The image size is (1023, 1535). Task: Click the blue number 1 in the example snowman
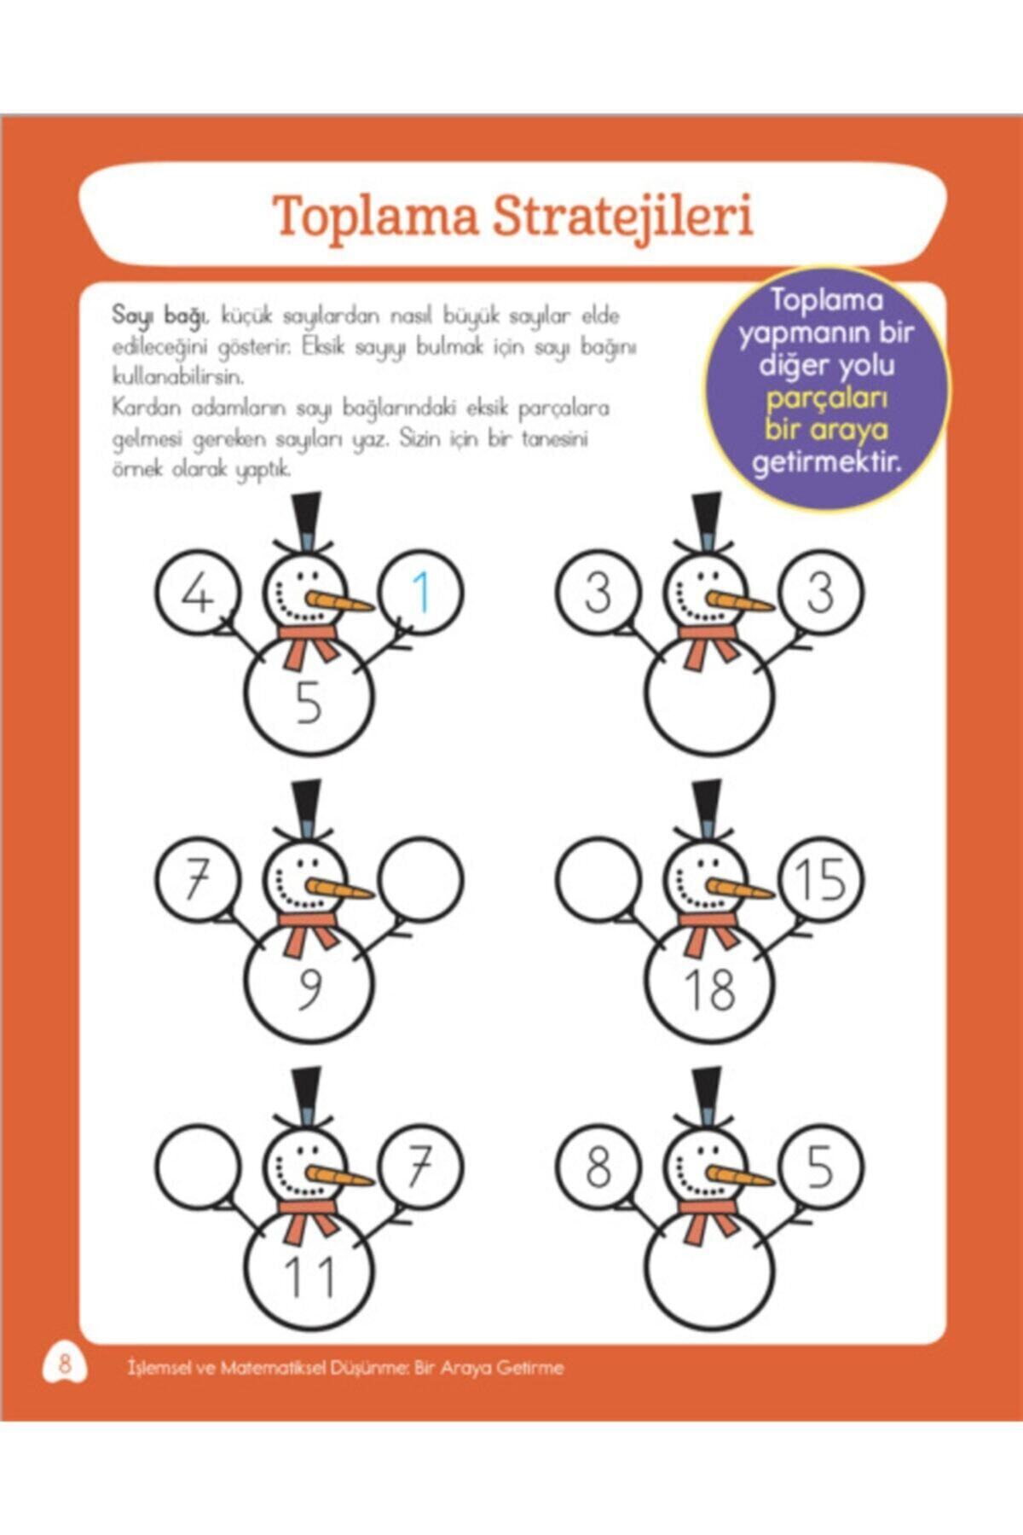[420, 593]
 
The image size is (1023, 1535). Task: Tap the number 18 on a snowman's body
[709, 989]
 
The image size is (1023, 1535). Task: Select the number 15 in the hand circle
[820, 879]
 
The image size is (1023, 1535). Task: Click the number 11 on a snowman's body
[309, 1277]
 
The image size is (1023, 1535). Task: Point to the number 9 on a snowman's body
[309, 989]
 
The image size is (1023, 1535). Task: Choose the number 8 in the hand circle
[598, 1166]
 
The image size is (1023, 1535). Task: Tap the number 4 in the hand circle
[198, 593]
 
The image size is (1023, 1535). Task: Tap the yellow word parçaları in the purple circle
[827, 398]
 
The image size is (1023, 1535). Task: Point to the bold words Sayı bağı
[160, 316]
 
